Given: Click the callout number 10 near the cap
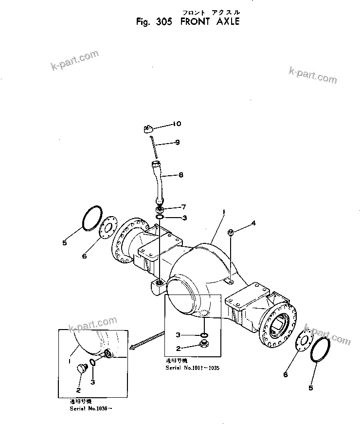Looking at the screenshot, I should tap(177, 124).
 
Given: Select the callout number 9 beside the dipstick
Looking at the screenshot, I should tap(177, 142).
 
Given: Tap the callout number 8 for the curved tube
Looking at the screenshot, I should tap(181, 174).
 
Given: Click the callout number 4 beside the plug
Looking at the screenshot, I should tap(253, 223).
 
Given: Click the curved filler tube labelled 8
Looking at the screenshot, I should tap(160, 183).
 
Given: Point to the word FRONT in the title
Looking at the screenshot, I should tap(195, 22).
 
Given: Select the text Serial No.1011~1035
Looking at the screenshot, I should tap(193, 368).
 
